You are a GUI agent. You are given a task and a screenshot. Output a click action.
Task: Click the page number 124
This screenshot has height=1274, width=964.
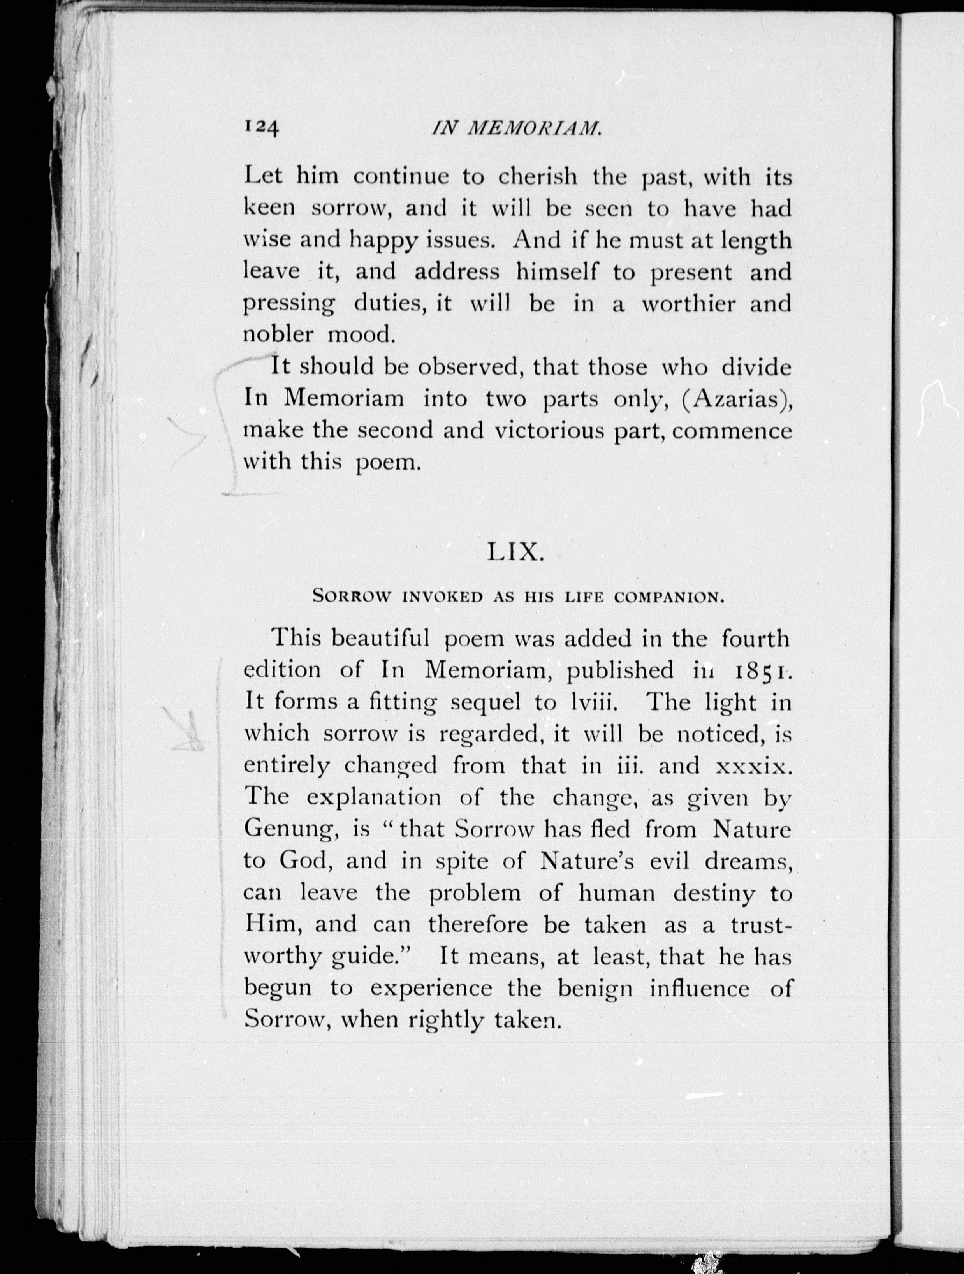262,128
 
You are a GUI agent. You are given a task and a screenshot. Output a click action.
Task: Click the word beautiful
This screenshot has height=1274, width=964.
381,638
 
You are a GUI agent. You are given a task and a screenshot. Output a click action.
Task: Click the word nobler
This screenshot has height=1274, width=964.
278,334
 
